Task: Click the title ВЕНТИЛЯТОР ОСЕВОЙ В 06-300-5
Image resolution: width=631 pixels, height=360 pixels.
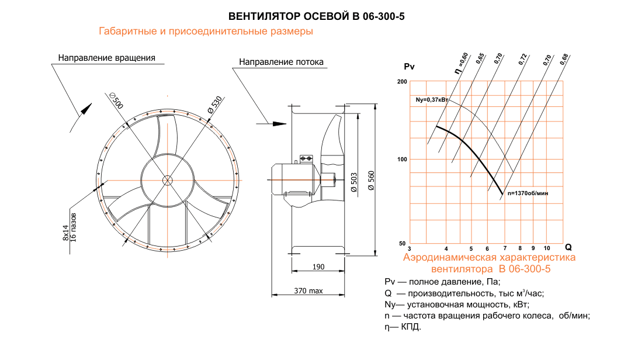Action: pos(316,16)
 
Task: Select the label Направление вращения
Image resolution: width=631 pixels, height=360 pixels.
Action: pos(106,58)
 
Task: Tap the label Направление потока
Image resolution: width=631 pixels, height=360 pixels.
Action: pos(281,62)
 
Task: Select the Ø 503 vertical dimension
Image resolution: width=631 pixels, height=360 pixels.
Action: pos(353,182)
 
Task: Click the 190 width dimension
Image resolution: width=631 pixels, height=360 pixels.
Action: pos(318,267)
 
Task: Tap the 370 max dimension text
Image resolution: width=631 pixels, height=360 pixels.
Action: pos(308,291)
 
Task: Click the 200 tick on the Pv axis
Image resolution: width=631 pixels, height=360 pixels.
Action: pos(402,81)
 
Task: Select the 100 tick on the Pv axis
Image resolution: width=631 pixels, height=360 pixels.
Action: pos(402,160)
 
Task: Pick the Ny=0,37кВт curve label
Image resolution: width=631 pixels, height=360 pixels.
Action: pos(432,100)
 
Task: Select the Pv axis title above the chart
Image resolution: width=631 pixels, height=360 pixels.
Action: pos(409,67)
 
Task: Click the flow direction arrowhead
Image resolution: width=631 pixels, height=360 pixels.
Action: pos(279,124)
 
